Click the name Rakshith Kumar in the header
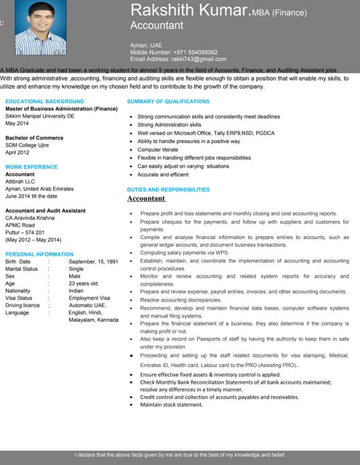click(x=189, y=11)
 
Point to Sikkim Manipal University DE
click(x=40, y=116)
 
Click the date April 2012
click(x=18, y=152)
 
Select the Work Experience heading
click(x=31, y=167)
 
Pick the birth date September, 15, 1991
click(x=93, y=262)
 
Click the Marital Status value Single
click(x=77, y=269)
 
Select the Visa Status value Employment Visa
click(x=89, y=298)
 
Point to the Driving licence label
click(x=23, y=305)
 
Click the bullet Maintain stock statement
click(x=171, y=405)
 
